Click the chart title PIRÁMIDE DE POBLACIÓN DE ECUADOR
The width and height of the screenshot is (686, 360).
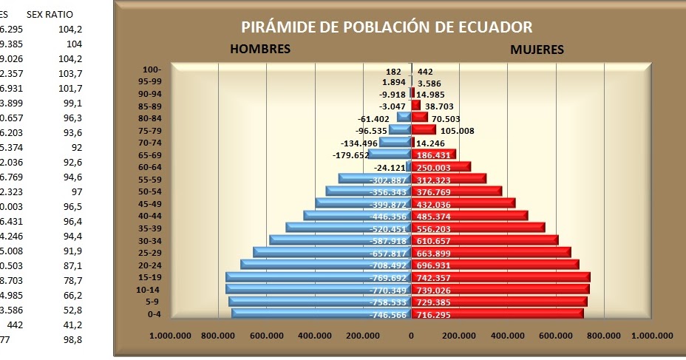387,27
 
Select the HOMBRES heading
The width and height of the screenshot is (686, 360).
259,50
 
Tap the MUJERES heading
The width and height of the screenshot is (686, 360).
537,50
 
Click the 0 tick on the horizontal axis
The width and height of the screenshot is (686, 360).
412,336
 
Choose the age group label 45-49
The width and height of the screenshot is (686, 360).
150,204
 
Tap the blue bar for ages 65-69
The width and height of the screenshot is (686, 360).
388,154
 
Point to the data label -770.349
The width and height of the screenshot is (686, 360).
387,290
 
